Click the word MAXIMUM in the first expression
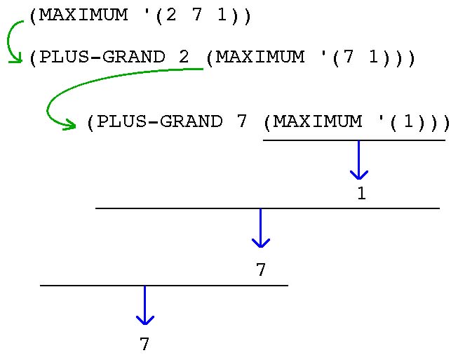[x=82, y=15]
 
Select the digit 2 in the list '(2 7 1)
[x=168, y=15]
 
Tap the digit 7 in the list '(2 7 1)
[x=196, y=15]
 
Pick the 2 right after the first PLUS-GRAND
[x=184, y=58]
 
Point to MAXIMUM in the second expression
[x=260, y=58]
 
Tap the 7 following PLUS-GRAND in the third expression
[x=242, y=121]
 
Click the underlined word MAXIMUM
[x=318, y=121]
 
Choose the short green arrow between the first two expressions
[x=13, y=42]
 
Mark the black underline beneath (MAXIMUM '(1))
[x=353, y=140]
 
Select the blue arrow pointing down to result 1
[x=359, y=161]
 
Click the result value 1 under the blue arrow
[x=361, y=194]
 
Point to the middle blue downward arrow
[x=260, y=228]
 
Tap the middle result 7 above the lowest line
[x=261, y=270]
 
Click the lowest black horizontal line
[x=163, y=286]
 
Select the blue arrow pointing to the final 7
[x=144, y=305]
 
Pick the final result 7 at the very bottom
[x=144, y=345]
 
